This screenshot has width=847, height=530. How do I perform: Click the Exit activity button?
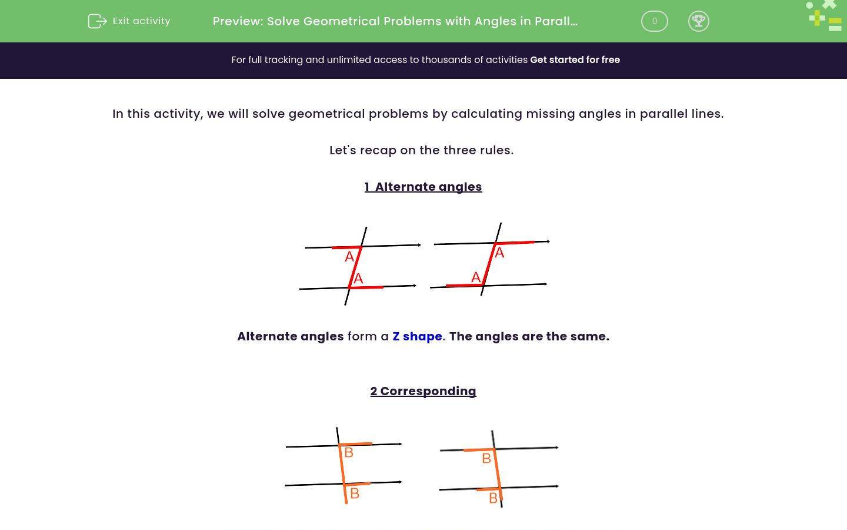coord(129,21)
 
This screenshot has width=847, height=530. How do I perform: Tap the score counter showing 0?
coord(654,21)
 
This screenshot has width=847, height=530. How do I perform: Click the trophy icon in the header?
coord(698,21)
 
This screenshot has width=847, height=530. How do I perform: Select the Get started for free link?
coord(575,60)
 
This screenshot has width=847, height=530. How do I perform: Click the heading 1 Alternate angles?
coord(423,187)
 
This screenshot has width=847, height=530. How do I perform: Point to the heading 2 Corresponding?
coord(423,391)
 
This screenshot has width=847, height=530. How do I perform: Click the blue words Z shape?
coord(417,336)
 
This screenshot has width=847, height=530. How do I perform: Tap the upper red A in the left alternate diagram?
coord(349,257)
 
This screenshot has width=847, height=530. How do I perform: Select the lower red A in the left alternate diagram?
coord(358,279)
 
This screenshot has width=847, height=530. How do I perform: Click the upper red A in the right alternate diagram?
coord(499,253)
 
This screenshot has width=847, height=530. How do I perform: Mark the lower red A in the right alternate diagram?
coord(476,277)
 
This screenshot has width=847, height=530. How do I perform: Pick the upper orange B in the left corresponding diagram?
coord(349,452)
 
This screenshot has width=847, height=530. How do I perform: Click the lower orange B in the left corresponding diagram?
coord(355,493)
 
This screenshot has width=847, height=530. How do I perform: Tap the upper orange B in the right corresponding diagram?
coord(486,458)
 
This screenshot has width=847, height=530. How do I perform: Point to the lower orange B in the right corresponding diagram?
coord(493,498)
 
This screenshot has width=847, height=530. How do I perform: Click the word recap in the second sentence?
coord(378,150)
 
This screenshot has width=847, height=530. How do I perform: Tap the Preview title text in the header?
coord(395,21)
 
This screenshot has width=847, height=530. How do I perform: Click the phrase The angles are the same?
coord(529,336)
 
